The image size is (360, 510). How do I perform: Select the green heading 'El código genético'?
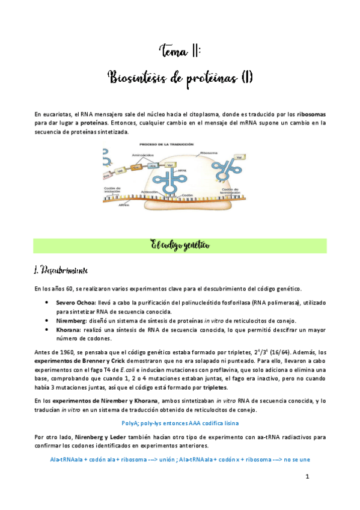[180, 245]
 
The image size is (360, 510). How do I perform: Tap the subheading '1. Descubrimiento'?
[62, 269]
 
